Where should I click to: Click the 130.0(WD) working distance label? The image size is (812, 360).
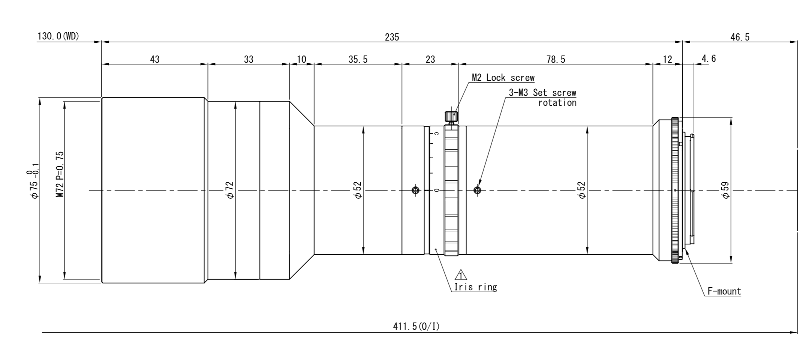pyautogui.click(x=58, y=37)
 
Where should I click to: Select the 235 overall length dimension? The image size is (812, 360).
pyautogui.click(x=392, y=37)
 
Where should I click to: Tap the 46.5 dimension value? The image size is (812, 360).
pyautogui.click(x=740, y=37)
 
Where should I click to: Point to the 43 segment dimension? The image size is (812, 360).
pyautogui.click(x=154, y=59)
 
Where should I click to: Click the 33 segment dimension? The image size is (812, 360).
pyautogui.click(x=249, y=59)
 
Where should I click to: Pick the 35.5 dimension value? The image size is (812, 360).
pyautogui.click(x=358, y=59)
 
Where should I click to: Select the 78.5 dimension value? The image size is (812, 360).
pyautogui.click(x=556, y=59)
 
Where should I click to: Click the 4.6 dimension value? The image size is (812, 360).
pyautogui.click(x=708, y=59)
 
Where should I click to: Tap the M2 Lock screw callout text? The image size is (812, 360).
pyautogui.click(x=503, y=78)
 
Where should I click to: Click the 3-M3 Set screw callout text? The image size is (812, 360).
pyautogui.click(x=542, y=93)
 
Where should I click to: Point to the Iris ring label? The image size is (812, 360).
pyautogui.click(x=475, y=287)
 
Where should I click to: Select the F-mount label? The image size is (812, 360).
pyautogui.click(x=724, y=291)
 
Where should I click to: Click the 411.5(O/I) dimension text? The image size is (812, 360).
pyautogui.click(x=416, y=327)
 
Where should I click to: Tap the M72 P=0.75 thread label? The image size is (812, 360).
pyautogui.click(x=60, y=174)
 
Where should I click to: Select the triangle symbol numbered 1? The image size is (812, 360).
pyautogui.click(x=461, y=275)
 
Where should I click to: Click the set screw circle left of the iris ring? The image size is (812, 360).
pyautogui.click(x=415, y=190)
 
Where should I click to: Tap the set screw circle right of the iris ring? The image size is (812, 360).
pyautogui.click(x=477, y=190)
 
